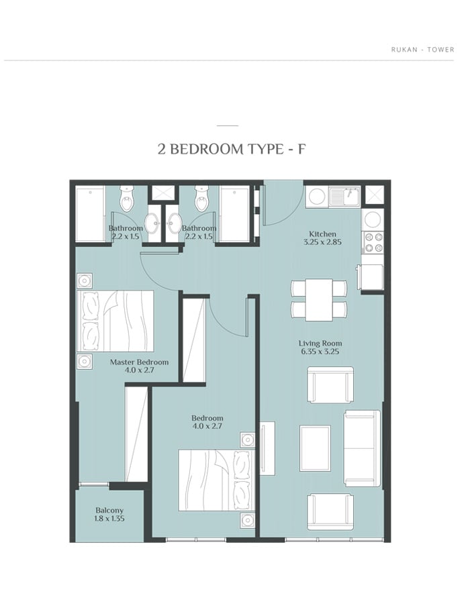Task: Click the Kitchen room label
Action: pyautogui.click(x=322, y=234)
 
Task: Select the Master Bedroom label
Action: pyautogui.click(x=139, y=362)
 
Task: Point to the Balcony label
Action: pyautogui.click(x=109, y=511)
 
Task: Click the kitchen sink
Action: pyautogui.click(x=344, y=197)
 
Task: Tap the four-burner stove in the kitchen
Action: pyautogui.click(x=373, y=242)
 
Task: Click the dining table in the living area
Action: pyautogui.click(x=319, y=300)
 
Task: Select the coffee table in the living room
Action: pyautogui.click(x=315, y=448)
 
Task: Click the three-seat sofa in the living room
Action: pyautogui.click(x=362, y=448)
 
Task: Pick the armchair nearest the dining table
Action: pyautogui.click(x=330, y=385)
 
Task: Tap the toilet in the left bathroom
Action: pyautogui.click(x=126, y=197)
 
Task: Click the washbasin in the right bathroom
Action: pyautogui.click(x=175, y=223)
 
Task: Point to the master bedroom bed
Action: pyautogui.click(x=115, y=321)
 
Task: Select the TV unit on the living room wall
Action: pyautogui.click(x=267, y=448)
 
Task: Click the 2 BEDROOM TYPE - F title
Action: pyautogui.click(x=232, y=149)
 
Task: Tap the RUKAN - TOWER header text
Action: pyautogui.click(x=422, y=50)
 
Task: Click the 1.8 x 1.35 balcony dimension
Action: pyautogui.click(x=109, y=519)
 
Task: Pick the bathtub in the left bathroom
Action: pyautogui.click(x=90, y=214)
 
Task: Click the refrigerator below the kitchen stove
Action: pyautogui.click(x=371, y=277)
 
